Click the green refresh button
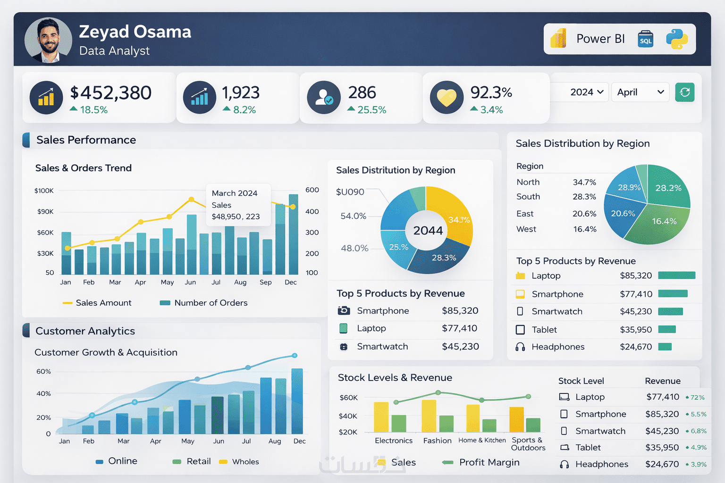685,92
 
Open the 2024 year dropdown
587,92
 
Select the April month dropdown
640,92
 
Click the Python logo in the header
677,39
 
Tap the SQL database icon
645,39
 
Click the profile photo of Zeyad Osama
48,41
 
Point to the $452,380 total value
111,93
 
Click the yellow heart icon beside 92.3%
447,97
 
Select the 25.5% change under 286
371,110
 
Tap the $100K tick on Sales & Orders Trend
44,191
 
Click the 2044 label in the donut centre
428,231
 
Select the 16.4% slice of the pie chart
664,221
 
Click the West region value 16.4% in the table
585,229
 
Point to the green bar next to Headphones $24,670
665,347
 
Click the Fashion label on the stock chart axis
437,441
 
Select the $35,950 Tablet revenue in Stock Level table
662,448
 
